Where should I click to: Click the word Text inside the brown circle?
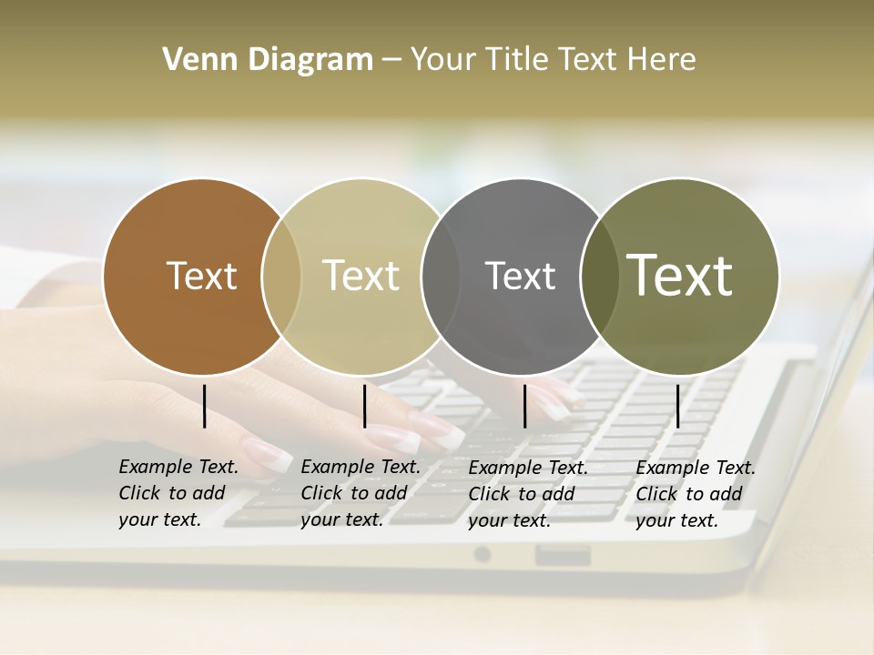pyautogui.click(x=201, y=276)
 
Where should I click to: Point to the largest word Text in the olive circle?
pyautogui.click(x=679, y=275)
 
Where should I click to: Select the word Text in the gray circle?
pyautogui.click(x=520, y=276)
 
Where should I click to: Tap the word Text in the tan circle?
pyautogui.click(x=361, y=276)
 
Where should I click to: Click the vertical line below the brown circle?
pyautogui.click(x=205, y=406)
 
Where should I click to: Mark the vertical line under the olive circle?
pyautogui.click(x=677, y=406)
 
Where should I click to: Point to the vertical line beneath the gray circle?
pyautogui.click(x=525, y=406)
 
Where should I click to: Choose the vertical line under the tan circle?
pyautogui.click(x=364, y=406)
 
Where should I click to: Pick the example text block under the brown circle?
pyautogui.click(x=178, y=493)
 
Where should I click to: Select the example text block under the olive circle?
pyautogui.click(x=695, y=494)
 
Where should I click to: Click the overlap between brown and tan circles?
pyautogui.click(x=281, y=277)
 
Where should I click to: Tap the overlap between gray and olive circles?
pyautogui.click(x=596, y=277)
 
